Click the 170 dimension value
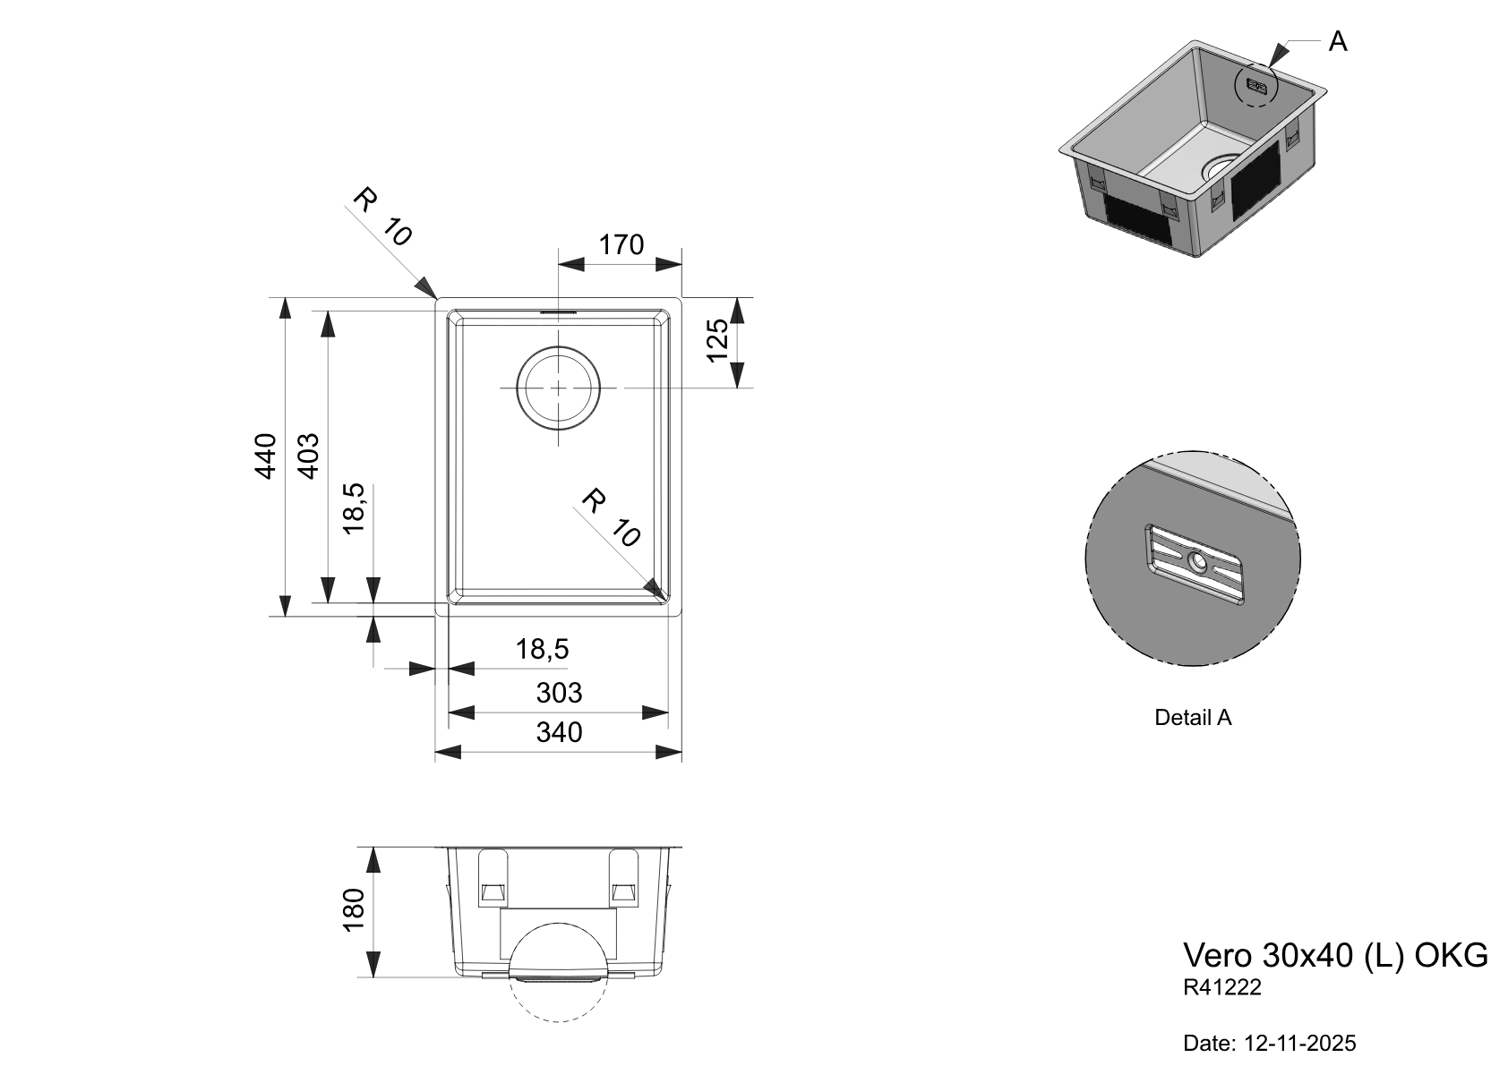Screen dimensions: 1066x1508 click(x=621, y=244)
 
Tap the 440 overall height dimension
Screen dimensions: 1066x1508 click(x=266, y=455)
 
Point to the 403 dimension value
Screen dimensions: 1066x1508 click(x=308, y=455)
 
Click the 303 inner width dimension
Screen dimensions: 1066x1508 click(x=559, y=693)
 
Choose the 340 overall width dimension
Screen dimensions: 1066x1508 click(x=559, y=732)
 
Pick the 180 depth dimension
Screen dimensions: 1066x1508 click(x=355, y=910)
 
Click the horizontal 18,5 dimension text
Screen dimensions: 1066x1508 click(x=542, y=649)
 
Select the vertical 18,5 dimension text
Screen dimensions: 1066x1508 click(x=355, y=507)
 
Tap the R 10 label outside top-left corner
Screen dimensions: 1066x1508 click(x=382, y=216)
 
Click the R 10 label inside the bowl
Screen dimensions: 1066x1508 click(x=612, y=518)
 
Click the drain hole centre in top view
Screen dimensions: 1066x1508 click(x=558, y=388)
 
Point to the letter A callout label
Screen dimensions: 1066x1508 click(x=1337, y=41)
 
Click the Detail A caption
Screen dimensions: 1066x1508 click(x=1193, y=717)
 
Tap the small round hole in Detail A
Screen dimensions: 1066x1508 click(x=1197, y=561)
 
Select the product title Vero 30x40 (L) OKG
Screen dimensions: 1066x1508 click(x=1335, y=955)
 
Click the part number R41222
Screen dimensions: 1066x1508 click(x=1222, y=987)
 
